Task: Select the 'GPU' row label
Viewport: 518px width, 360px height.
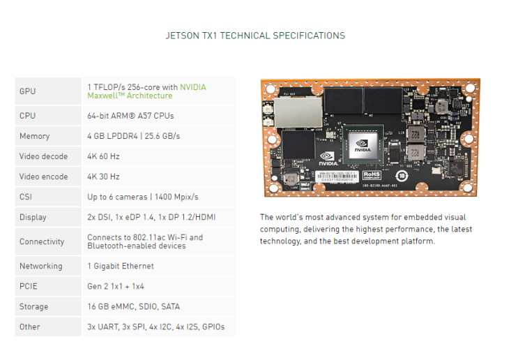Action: point(28,91)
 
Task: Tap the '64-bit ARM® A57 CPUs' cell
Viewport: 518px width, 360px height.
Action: point(130,116)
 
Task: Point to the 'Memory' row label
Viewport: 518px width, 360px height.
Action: point(35,136)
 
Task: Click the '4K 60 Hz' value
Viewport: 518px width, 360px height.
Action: point(103,156)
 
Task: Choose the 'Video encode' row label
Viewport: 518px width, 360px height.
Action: point(43,177)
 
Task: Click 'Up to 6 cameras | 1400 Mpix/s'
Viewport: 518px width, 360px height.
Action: point(143,197)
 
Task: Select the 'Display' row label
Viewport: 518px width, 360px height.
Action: point(33,217)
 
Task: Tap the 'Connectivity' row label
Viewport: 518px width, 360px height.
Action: point(42,241)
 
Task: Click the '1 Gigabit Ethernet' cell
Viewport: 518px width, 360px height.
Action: point(121,266)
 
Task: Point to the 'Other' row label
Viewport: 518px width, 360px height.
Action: point(30,327)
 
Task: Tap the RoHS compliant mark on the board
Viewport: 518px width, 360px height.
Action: point(372,175)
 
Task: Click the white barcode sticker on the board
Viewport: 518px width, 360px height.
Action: point(338,175)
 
